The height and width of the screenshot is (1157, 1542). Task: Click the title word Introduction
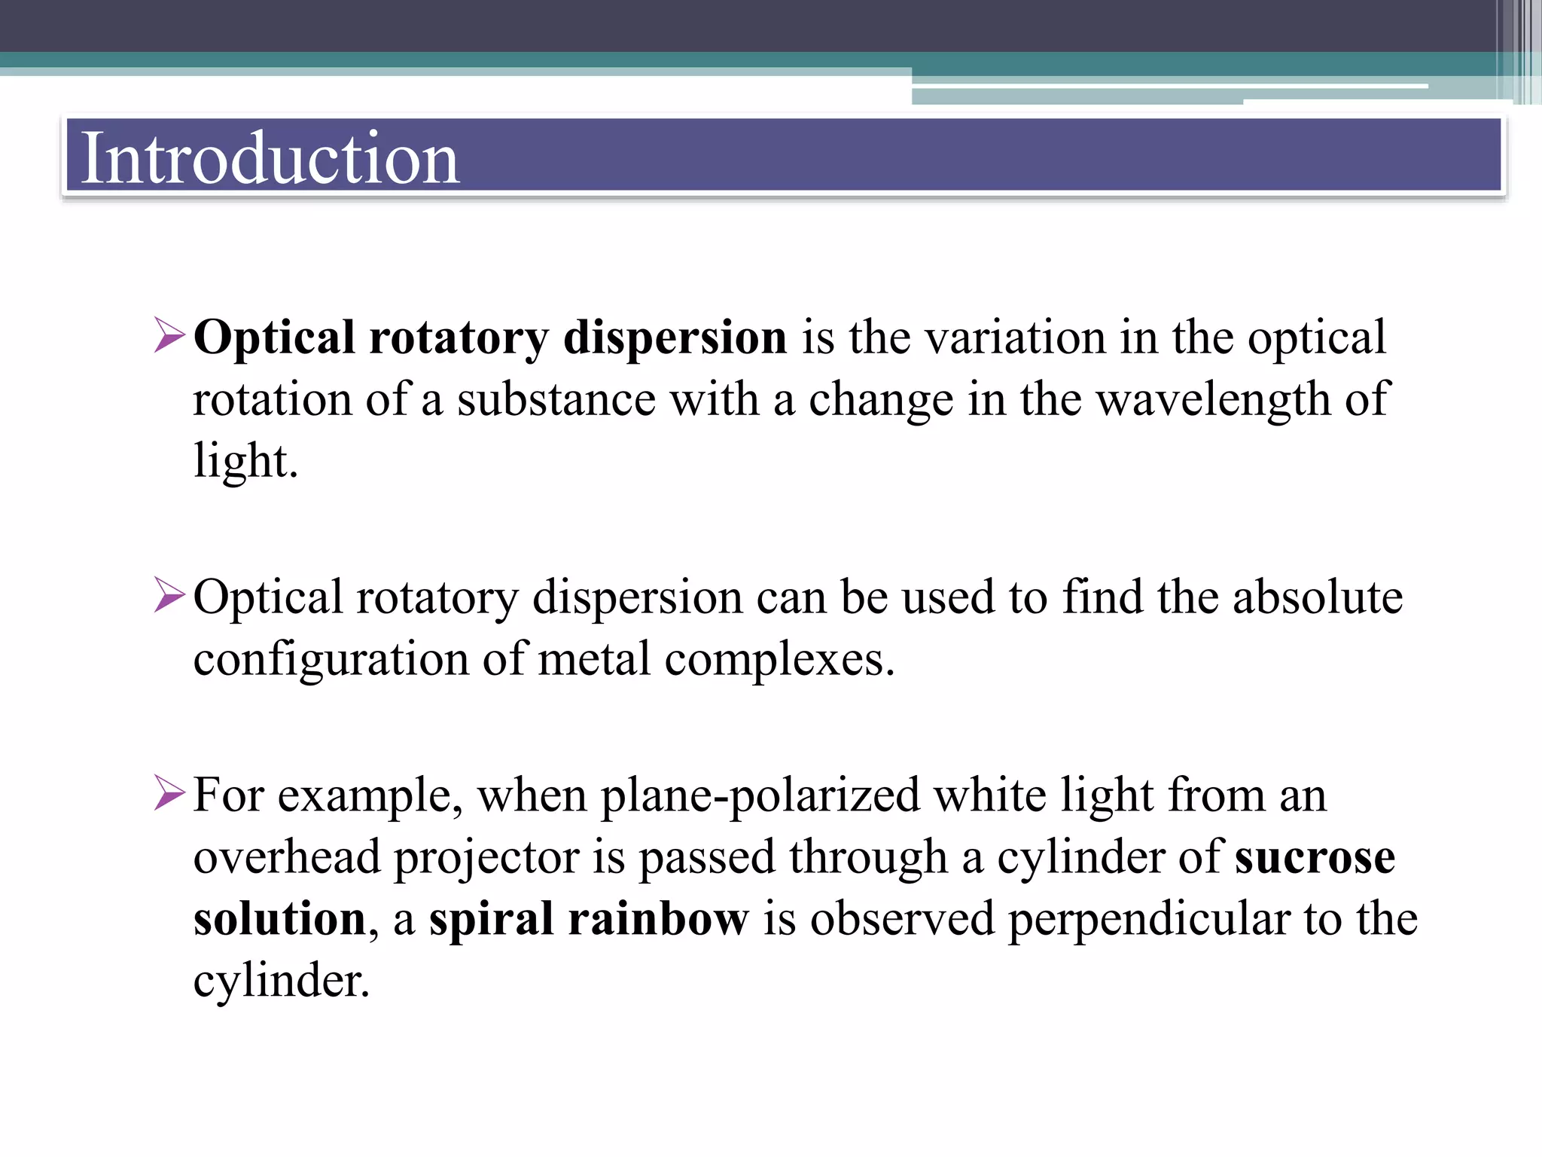coord(270,157)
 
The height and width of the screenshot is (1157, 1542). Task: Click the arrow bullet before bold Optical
coord(169,336)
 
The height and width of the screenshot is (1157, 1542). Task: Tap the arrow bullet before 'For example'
coord(169,793)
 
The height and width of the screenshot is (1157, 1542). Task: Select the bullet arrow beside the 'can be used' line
coord(169,595)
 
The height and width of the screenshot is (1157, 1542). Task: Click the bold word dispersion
coord(675,337)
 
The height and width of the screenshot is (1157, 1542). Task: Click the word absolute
coord(1318,597)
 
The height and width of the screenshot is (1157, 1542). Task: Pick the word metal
coord(594,658)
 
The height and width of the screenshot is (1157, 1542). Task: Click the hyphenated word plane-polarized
coord(760,796)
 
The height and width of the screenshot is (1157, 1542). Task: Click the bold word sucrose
coord(1315,857)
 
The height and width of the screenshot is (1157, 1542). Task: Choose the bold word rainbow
coord(658,918)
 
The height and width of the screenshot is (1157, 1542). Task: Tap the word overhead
coord(286,857)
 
